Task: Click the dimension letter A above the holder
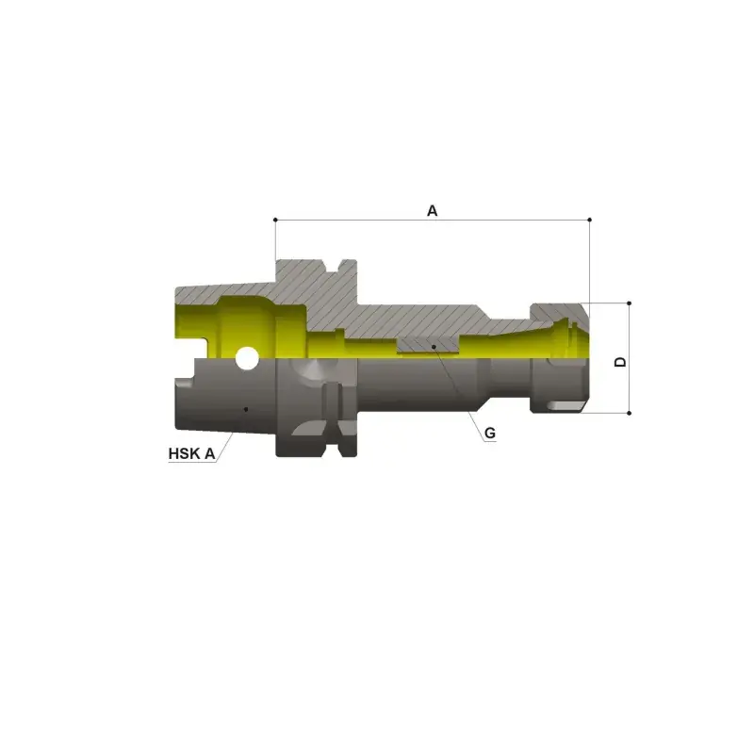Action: coord(433,210)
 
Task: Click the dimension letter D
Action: coord(621,362)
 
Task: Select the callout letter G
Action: coord(489,434)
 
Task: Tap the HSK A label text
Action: coord(191,453)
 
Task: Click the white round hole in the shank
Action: coord(247,358)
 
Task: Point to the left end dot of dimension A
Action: coord(275,220)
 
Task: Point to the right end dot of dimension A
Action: coord(590,220)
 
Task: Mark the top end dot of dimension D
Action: coord(629,303)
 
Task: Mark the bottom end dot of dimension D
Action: coord(629,413)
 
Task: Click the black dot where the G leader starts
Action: coord(434,346)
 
